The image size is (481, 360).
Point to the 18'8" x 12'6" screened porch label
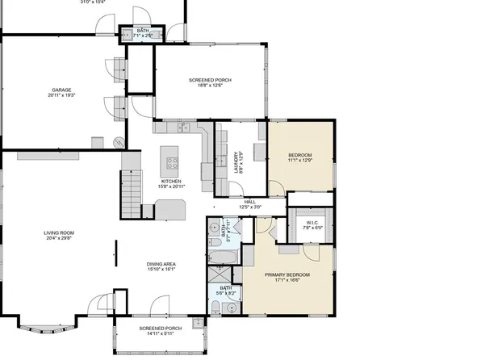pos(211,82)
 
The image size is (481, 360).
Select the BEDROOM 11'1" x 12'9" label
pos(299,157)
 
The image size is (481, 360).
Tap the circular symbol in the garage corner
pos(118,143)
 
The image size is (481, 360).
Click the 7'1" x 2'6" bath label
pos(143,33)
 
